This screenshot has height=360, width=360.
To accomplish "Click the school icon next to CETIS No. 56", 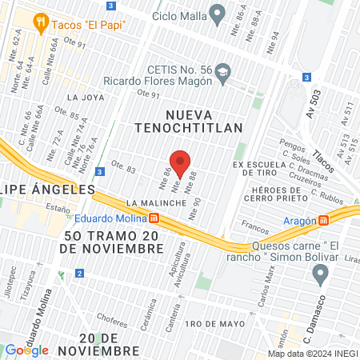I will coord(224,74).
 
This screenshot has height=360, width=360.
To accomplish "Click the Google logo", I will coord(26,350).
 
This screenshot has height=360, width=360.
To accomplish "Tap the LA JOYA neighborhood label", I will coord(86,98).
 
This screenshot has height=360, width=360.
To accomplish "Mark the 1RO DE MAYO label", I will coord(213,323).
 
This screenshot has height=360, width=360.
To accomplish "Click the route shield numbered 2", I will coord(79,274).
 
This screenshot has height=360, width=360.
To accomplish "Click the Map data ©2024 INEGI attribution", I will coord(312,354).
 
